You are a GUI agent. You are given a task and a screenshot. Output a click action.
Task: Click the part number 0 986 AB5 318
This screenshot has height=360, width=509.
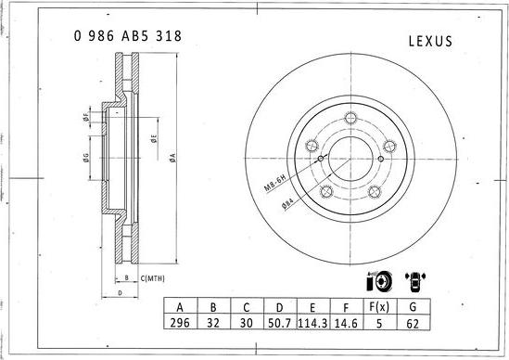pyautogui.click(x=127, y=37)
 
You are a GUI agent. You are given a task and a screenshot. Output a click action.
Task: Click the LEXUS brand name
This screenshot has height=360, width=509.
pyautogui.click(x=430, y=41)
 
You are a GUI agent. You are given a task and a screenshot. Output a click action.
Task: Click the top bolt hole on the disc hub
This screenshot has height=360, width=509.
pyautogui.click(x=351, y=118)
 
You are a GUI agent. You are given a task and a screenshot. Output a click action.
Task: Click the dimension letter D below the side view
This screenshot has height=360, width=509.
pyautogui.click(x=121, y=293)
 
